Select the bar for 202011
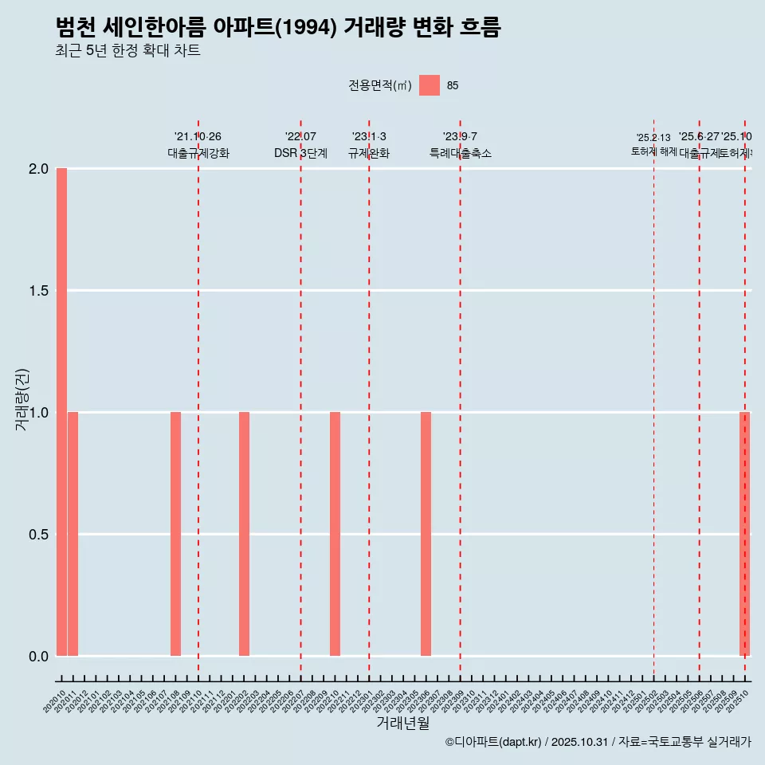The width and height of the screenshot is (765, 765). [73, 534]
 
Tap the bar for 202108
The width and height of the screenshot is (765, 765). [175, 534]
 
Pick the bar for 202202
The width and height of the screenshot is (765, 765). [244, 534]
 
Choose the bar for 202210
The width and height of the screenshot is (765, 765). [335, 534]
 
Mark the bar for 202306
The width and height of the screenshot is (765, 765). [426, 534]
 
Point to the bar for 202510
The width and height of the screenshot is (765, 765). [744, 534]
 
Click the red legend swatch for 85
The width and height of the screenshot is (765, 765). [430, 85]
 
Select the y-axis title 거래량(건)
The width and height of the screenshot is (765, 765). [22, 399]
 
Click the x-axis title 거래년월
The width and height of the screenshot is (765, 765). [402, 723]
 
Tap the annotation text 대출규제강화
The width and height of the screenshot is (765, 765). [198, 153]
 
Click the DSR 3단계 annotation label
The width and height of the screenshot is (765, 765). [300, 153]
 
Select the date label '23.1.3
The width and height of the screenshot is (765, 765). [369, 136]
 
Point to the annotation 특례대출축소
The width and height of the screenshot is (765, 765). [460, 153]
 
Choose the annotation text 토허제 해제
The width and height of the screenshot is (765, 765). [653, 151]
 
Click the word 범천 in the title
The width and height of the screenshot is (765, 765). [76, 28]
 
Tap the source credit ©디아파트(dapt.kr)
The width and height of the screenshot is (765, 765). [493, 742]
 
